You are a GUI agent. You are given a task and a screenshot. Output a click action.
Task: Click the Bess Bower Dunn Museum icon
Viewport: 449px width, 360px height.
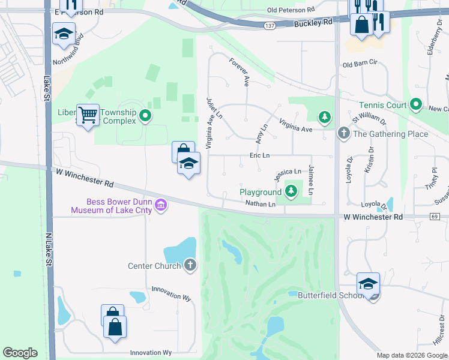160,206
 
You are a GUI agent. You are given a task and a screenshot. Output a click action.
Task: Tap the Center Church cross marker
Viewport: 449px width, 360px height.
190,265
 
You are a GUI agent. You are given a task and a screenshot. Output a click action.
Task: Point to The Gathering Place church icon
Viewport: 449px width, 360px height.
343,133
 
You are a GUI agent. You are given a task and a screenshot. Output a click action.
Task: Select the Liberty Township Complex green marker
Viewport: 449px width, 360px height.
145,115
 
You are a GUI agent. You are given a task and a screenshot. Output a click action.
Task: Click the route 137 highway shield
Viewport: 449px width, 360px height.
269,25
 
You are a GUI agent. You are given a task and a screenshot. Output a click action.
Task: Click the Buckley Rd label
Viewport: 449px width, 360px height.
313,22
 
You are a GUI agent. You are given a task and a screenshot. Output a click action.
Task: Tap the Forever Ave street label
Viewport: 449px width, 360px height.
239,72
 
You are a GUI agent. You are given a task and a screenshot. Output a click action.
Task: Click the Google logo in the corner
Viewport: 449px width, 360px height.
20,352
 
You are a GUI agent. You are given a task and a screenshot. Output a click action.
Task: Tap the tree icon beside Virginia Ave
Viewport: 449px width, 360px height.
325,116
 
